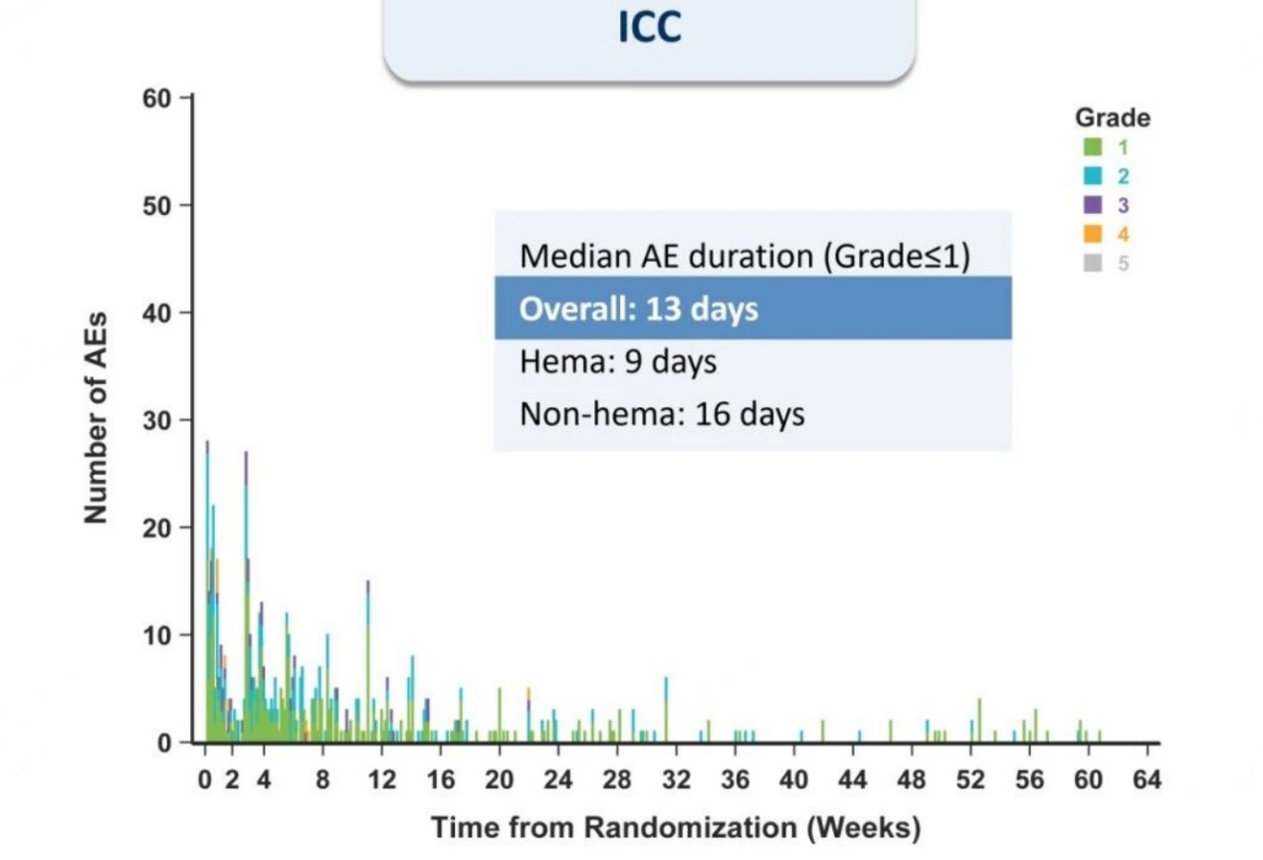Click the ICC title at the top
click(650, 27)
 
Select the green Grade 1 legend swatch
click(1093, 146)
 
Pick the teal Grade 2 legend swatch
click(1093, 176)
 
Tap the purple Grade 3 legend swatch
click(1093, 205)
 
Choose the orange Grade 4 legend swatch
click(1093, 234)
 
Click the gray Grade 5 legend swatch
click(1093, 263)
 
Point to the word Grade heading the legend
click(1113, 117)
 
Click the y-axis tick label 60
click(156, 99)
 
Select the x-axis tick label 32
click(676, 780)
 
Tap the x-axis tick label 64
click(1147, 780)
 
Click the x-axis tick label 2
click(232, 780)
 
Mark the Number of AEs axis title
click(95, 418)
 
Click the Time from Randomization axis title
click(676, 828)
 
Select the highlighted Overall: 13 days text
click(638, 309)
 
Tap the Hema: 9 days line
click(618, 361)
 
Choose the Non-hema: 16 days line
click(662, 414)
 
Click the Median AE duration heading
click(744, 257)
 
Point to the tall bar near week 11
click(368, 661)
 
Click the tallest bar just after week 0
click(207, 591)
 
